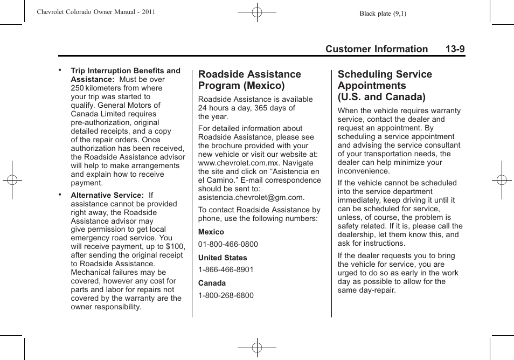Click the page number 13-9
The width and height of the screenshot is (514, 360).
455,49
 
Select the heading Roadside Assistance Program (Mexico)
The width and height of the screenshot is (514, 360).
249,80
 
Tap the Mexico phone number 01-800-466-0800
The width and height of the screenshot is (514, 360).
228,244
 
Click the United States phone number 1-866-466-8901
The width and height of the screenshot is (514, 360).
226,269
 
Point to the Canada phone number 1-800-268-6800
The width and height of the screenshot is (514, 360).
226,295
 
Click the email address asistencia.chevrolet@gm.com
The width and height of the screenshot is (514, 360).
251,197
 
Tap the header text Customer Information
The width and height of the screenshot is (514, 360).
377,49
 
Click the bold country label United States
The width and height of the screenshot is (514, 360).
223,258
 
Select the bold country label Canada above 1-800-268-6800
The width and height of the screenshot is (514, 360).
212,283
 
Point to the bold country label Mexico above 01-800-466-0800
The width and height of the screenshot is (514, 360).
211,232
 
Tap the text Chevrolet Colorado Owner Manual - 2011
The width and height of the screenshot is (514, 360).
96,11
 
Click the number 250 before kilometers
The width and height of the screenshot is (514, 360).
78,88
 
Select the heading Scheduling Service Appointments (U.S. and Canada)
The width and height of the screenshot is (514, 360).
385,85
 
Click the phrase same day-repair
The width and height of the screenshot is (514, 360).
366,290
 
